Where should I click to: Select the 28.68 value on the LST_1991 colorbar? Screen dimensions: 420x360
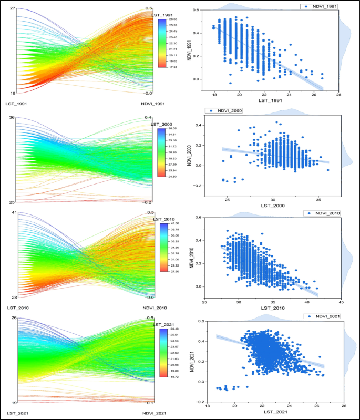point(173,19)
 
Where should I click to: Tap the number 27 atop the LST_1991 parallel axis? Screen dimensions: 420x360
point(13,8)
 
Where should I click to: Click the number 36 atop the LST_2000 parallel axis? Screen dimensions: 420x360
point(13,118)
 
